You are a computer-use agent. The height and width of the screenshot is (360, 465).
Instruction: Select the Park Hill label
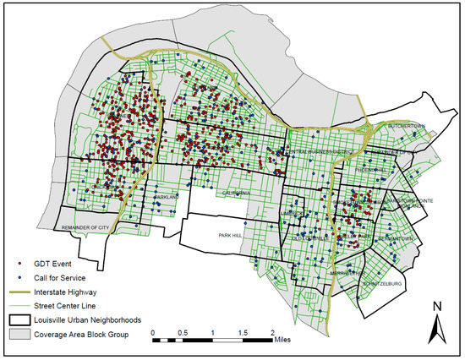tap(230, 235)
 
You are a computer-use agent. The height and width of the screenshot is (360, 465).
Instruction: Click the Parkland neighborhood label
tap(167, 197)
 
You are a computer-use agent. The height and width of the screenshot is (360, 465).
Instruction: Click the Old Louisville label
tap(311, 237)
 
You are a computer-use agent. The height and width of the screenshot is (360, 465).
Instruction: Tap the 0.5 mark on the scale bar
tap(183, 332)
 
